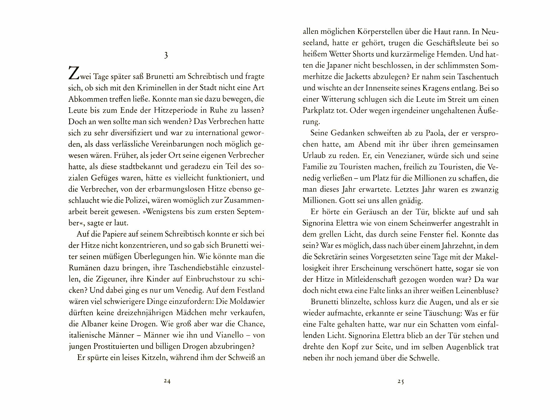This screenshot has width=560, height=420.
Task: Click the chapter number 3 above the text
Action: pyautogui.click(x=166, y=55)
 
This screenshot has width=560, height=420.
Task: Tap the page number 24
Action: pyautogui.click(x=167, y=381)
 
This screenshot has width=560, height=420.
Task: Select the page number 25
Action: pyautogui.click(x=400, y=381)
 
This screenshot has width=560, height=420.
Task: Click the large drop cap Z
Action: pyautogui.click(x=73, y=74)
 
